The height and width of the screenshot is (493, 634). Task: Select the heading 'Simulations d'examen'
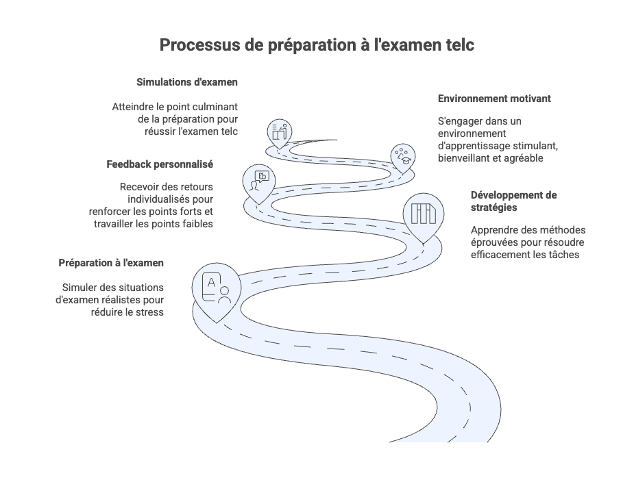tap(187, 82)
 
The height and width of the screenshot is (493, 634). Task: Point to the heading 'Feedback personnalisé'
tap(160, 164)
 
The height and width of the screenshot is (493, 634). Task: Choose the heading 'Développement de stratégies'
tap(513, 201)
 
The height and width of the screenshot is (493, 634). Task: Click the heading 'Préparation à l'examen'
tap(111, 263)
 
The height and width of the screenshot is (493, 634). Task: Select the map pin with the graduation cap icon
tap(403, 156)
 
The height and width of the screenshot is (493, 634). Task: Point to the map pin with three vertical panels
tap(423, 214)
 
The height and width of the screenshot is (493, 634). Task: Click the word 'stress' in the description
tap(149, 312)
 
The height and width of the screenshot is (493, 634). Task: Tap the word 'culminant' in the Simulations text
tap(216, 107)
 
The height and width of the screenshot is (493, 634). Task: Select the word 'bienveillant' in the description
tap(467, 158)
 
